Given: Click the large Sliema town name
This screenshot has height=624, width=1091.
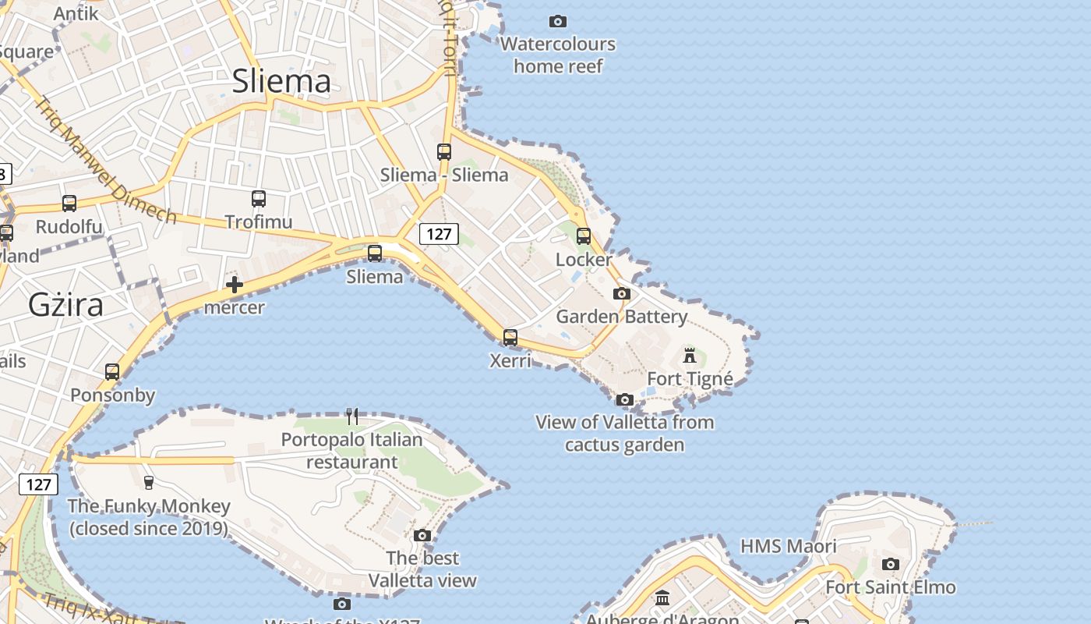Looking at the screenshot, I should (281, 81).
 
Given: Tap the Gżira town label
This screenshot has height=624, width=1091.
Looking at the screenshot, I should (65, 304).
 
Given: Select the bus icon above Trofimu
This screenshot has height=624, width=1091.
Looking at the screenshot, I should (259, 199).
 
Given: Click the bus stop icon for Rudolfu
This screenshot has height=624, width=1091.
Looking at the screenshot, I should (69, 204).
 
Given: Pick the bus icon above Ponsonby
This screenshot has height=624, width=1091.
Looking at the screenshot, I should (112, 372).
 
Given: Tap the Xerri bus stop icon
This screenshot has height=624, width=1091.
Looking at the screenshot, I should (510, 338).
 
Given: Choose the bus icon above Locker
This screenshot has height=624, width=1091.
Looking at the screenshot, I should (584, 236).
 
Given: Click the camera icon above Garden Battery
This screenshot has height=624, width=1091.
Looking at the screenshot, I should (621, 293).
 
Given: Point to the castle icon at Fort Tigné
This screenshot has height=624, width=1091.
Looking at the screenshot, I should (690, 356).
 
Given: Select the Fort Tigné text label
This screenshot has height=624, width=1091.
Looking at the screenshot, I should (690, 379).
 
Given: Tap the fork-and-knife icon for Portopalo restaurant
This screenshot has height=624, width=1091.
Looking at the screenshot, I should (352, 417).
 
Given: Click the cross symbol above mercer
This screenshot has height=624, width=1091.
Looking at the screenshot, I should (234, 285).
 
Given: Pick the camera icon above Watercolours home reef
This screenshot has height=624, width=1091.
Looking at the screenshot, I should (558, 21).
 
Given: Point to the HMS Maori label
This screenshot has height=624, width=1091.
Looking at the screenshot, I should (788, 546).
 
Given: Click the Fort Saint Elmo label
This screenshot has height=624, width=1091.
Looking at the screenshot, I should (890, 587).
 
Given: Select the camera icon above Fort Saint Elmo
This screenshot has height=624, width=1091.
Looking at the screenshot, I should (891, 564).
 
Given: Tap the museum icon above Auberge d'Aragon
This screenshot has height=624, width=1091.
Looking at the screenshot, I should (662, 598).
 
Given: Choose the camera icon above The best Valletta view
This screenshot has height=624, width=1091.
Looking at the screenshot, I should (422, 535).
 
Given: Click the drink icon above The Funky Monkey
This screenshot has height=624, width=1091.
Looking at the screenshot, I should (149, 482).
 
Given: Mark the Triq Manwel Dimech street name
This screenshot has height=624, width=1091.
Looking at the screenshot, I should (106, 159).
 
